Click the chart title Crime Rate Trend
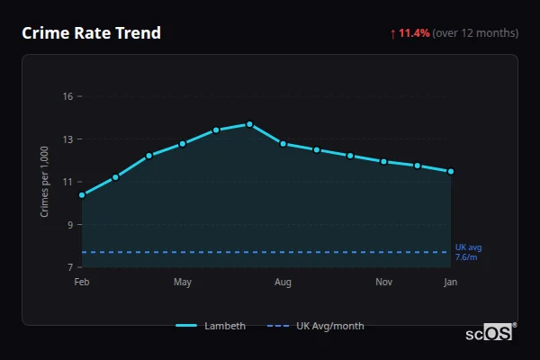[x=91, y=33]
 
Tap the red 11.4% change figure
[x=414, y=33]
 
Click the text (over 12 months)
[x=475, y=33]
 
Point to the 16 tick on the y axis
[x=67, y=96]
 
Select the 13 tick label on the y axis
[x=67, y=139]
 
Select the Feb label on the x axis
[x=82, y=283]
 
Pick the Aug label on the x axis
[x=283, y=283]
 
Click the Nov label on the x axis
[x=383, y=283]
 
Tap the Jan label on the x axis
[x=451, y=283]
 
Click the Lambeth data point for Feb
[x=82, y=194]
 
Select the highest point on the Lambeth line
[x=249, y=124]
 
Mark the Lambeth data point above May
[x=183, y=143]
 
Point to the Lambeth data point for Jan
[x=451, y=171]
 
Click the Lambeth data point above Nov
[x=383, y=161]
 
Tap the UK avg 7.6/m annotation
[x=468, y=252]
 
